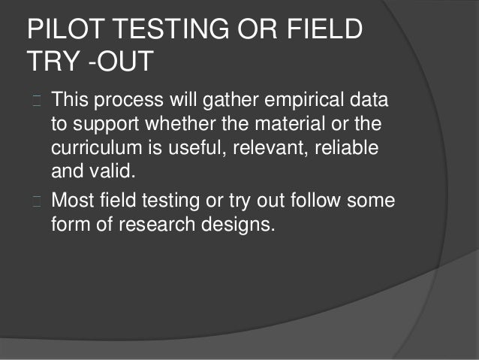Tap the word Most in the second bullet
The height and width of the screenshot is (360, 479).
pos(73,201)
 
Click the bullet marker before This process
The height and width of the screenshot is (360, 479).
pos(35,100)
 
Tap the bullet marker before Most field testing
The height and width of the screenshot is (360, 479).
pos(35,201)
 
